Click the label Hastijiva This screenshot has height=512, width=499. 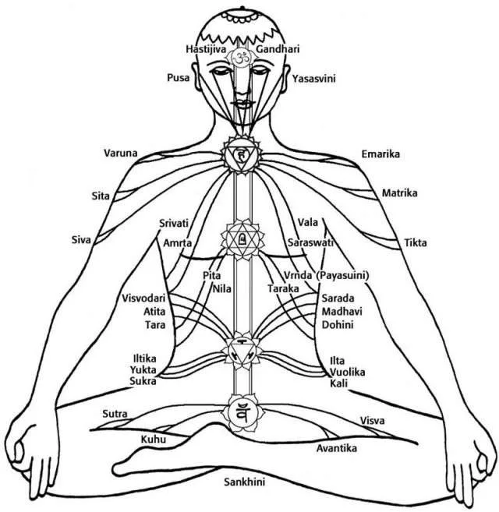coord(205,49)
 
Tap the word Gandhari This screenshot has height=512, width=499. coord(278,49)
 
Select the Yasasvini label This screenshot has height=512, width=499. coord(316,79)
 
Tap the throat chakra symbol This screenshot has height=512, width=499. coord(241,155)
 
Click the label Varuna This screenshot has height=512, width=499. coord(121,153)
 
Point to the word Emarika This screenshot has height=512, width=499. coord(380,154)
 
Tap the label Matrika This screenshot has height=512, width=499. coord(400,192)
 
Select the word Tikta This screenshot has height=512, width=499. coord(416,243)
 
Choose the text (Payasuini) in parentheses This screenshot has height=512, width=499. coord(342,276)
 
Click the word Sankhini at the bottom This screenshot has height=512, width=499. coord(244,482)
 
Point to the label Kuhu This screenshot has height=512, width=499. coord(153,440)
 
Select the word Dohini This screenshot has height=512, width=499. coord(338,325)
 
